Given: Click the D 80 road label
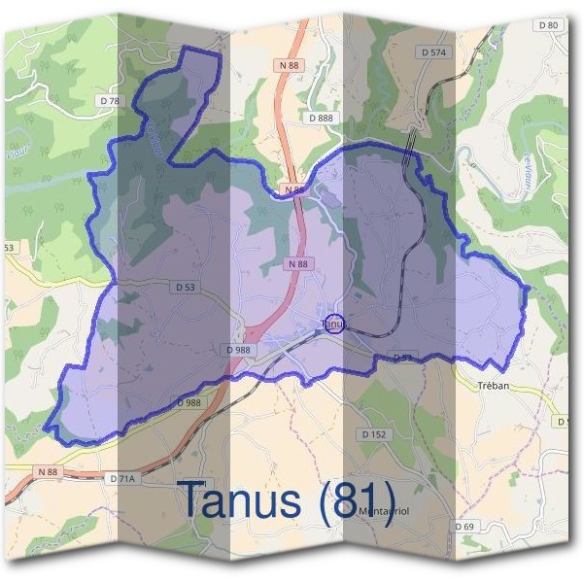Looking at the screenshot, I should [549, 25].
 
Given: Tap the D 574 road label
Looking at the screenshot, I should [433, 51].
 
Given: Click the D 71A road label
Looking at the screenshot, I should [123, 479].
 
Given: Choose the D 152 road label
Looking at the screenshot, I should [374, 433].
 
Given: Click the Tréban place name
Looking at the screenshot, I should [494, 385].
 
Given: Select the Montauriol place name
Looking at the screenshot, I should [381, 511].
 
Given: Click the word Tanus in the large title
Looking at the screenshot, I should [242, 500].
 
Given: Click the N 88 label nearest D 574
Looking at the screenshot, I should [289, 64].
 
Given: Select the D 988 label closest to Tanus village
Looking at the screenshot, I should [238, 349].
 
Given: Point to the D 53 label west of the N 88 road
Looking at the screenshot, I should [184, 288].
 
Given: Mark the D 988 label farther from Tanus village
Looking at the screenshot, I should [189, 402].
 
